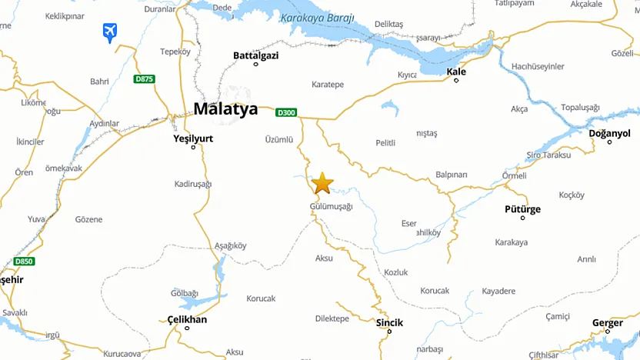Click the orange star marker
(x=322, y=183)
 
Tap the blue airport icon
(x=110, y=32)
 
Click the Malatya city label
(x=225, y=109)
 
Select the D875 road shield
(x=143, y=79)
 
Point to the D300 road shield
(x=286, y=113)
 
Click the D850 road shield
(x=24, y=262)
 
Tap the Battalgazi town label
(x=256, y=55)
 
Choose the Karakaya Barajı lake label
(x=317, y=18)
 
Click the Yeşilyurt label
(x=193, y=139)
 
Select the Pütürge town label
(x=522, y=209)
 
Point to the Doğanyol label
(x=609, y=134)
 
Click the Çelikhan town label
(x=187, y=319)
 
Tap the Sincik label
(x=389, y=323)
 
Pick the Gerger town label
(x=607, y=323)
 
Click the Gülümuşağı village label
(x=331, y=206)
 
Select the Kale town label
(x=456, y=72)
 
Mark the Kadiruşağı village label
(x=193, y=184)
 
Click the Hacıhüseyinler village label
(x=538, y=67)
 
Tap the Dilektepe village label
(x=332, y=318)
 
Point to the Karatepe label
(x=328, y=84)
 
